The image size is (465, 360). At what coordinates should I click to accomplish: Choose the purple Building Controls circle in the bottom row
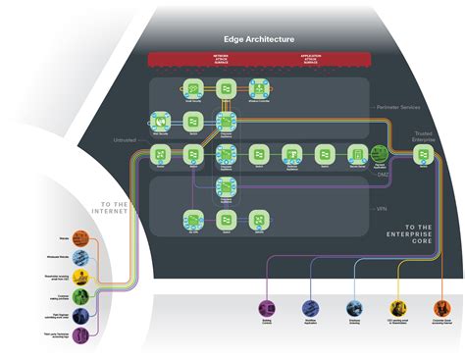point(265,306)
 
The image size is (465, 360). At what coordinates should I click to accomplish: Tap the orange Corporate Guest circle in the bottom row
point(443,306)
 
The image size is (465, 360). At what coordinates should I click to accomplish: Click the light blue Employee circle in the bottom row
point(354,306)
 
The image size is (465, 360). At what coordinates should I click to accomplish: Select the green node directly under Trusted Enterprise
point(424,153)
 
